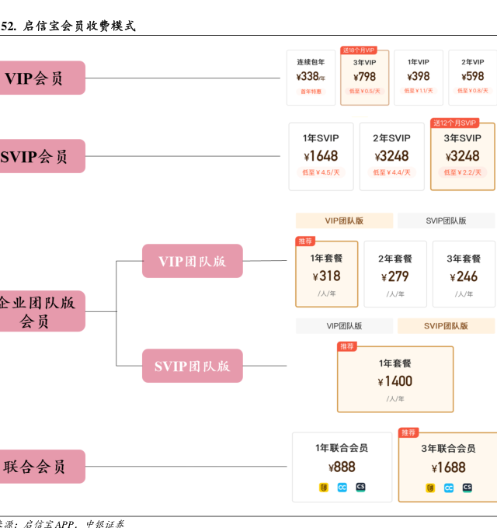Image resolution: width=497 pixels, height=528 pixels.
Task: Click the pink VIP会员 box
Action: [39, 78]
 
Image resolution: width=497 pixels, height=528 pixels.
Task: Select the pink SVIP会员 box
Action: [39, 156]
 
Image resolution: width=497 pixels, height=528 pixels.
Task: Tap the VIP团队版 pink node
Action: [192, 261]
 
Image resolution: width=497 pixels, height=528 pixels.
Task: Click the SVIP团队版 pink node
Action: [192, 366]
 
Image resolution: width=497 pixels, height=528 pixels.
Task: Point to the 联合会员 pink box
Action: [39, 467]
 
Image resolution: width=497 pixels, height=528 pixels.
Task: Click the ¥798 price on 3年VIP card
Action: [364, 77]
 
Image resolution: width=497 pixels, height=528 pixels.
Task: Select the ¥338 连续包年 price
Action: [310, 77]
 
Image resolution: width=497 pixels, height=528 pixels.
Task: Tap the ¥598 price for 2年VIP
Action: [472, 77]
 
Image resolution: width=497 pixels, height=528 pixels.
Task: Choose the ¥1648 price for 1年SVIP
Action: [321, 156]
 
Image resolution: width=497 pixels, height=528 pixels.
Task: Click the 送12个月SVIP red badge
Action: [455, 123]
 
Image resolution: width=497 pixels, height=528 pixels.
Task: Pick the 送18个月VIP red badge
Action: [360, 50]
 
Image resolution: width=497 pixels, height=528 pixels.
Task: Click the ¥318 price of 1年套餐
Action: [326, 276]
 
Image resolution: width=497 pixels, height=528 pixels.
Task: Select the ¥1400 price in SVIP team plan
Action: [395, 381]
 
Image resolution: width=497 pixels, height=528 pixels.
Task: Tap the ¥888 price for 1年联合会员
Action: [342, 467]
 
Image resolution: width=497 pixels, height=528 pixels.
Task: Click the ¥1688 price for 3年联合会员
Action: [449, 467]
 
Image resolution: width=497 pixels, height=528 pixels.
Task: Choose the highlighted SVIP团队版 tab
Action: [446, 326]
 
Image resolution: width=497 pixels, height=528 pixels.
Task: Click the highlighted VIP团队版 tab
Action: [344, 221]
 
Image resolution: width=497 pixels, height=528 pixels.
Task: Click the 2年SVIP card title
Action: [391, 138]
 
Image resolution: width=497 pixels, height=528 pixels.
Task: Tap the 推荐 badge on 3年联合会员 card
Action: [408, 432]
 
